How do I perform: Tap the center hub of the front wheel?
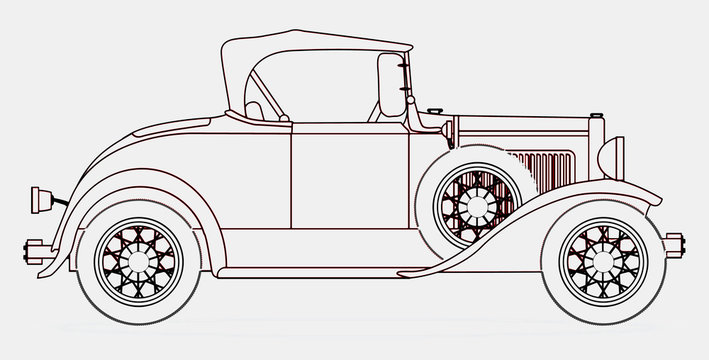(603, 260)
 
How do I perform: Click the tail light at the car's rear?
(45, 197)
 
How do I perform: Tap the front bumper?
(673, 243)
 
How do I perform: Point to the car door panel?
(349, 175)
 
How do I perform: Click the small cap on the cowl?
(433, 110)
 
